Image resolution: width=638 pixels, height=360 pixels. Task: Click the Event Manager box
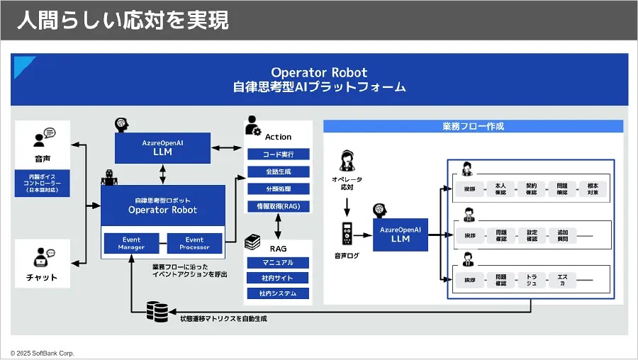[132, 243]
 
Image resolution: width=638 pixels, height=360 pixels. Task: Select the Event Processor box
[194, 243]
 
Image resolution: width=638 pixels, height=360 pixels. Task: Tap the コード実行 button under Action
[278, 154]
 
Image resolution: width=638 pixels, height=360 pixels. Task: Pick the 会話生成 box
[278, 171]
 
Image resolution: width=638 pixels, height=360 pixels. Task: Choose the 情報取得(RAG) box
[278, 206]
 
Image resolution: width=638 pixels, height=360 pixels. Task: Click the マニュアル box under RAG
[278, 263]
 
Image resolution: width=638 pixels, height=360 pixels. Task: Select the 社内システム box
[278, 293]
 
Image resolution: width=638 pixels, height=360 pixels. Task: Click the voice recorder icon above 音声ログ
[347, 233]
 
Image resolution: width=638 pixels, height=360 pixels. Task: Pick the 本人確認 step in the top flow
[500, 189]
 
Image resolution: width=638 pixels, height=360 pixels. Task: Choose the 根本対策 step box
[593, 189]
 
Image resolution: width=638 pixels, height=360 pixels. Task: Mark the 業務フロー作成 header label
[473, 126]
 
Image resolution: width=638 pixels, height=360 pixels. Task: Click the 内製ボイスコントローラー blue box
[43, 183]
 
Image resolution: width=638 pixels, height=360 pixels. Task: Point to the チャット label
[43, 277]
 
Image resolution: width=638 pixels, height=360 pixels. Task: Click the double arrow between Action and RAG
[278, 225]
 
